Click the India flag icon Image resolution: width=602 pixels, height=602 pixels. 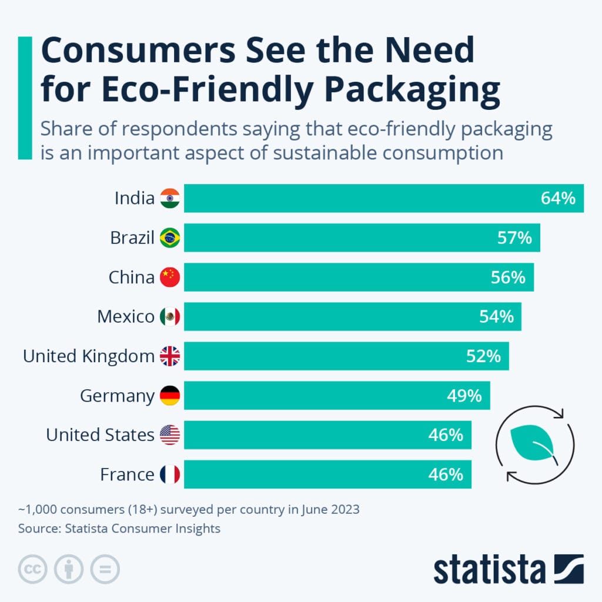coord(170,198)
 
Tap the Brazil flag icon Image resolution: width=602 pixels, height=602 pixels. coord(170,238)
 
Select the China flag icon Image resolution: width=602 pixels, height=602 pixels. coord(170,277)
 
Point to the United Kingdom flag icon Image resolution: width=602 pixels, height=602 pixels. coord(170,356)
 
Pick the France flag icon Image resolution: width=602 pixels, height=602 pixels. coord(170,474)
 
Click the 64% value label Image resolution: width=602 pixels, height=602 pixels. coord(557,198)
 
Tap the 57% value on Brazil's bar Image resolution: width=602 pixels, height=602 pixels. coord(514,238)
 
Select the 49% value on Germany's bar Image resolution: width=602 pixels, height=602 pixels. coord(464,395)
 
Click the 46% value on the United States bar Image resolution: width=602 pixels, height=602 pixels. coord(445,434)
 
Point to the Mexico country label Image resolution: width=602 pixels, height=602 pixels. coord(126,317)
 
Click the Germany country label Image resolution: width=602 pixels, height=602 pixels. coord(117,396)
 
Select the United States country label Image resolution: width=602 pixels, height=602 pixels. coord(100,435)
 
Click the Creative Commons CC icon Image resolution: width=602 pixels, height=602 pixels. coord(33,569)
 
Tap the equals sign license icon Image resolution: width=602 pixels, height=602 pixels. coord(105,569)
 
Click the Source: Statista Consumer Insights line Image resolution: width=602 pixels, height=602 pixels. coord(119,529)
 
